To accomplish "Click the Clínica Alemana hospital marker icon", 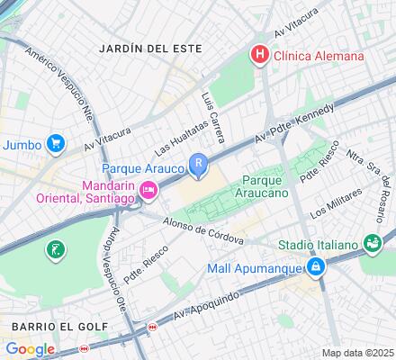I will click(x=260, y=55).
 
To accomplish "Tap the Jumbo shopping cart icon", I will click(x=55, y=143).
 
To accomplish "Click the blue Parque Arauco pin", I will click(x=198, y=165).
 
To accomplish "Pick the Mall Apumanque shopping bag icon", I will click(x=316, y=267).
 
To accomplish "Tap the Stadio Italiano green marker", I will click(x=371, y=242).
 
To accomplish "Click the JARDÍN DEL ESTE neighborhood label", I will click(x=151, y=47).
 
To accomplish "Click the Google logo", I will click(x=30, y=348).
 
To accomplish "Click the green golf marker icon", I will click(x=57, y=248).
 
